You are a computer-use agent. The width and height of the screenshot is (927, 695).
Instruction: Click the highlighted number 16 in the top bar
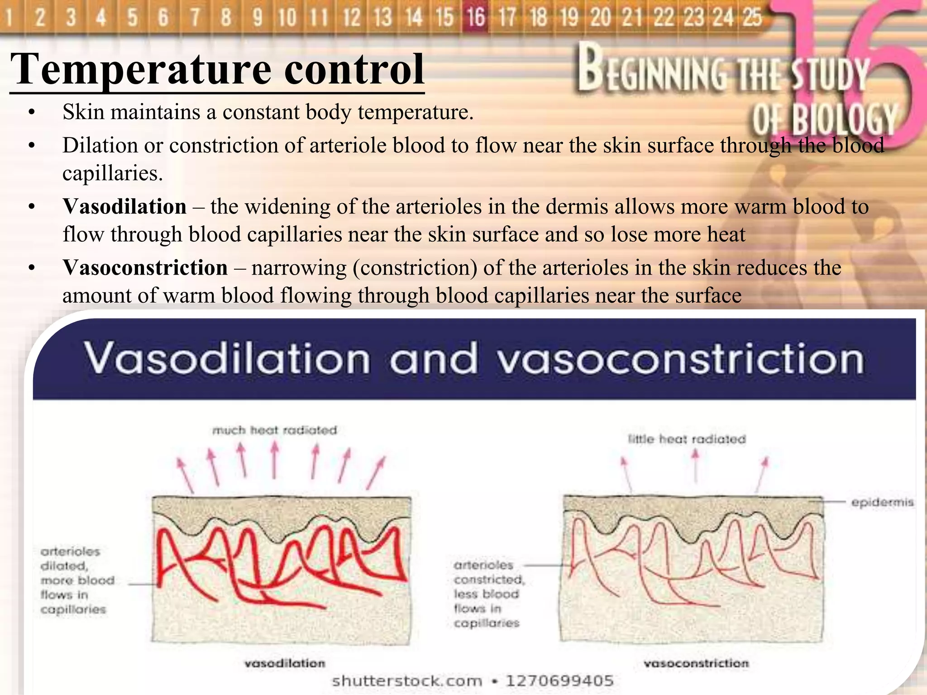click(476, 17)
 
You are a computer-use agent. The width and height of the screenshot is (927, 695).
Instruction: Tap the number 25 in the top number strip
click(752, 17)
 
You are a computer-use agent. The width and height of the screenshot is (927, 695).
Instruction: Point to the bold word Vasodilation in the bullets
click(124, 207)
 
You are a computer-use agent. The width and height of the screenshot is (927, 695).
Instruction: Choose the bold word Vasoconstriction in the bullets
click(145, 267)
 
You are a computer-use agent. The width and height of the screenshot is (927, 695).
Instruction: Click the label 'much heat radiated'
click(275, 430)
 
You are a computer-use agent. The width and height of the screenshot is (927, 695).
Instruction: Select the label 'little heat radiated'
click(687, 439)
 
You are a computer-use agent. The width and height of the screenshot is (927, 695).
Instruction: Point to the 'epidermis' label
click(882, 502)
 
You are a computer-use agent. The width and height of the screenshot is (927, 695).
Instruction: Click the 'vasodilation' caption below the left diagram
click(285, 663)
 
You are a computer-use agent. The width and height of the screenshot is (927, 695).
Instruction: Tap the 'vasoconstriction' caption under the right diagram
click(696, 663)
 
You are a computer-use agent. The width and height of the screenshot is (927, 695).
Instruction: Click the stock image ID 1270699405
click(559, 681)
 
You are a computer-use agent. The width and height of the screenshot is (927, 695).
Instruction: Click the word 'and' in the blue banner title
click(434, 359)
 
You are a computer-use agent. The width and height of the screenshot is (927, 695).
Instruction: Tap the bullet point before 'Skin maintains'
click(31, 112)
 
